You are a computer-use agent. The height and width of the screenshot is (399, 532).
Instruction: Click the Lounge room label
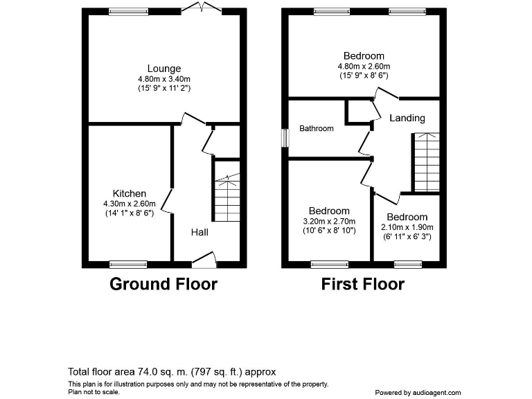(164, 69)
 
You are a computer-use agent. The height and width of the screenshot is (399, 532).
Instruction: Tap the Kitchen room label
(130, 193)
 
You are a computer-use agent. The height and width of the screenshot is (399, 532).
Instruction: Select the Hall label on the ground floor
(200, 232)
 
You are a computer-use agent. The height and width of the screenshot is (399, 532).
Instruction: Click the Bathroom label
(317, 128)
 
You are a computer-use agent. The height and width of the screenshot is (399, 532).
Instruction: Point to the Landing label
(407, 118)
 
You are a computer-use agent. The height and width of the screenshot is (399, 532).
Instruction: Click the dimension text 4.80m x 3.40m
(164, 79)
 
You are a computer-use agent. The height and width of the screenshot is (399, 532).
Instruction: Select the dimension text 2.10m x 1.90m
(407, 227)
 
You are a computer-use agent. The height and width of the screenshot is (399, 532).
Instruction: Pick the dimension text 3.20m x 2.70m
(329, 221)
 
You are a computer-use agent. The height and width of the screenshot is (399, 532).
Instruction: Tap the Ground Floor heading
(163, 284)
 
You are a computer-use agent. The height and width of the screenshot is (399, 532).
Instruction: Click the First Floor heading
(362, 284)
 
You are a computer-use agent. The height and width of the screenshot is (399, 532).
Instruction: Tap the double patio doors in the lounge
(202, 9)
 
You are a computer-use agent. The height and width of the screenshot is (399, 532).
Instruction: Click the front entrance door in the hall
(204, 260)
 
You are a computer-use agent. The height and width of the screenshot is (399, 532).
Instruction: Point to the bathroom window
(285, 138)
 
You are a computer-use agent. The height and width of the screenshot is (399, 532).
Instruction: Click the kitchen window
(128, 264)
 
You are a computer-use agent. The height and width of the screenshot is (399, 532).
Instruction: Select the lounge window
(128, 12)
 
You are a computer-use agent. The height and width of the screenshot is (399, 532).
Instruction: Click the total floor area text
(172, 372)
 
